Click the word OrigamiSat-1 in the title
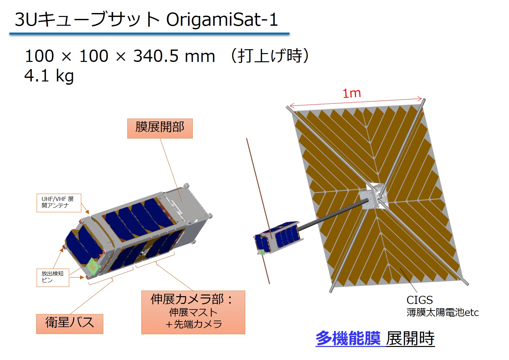click(x=222, y=20)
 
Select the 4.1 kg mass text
click(x=49, y=76)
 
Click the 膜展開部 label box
click(x=160, y=128)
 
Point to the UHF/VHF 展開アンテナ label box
click(x=59, y=203)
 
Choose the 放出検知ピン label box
click(x=53, y=278)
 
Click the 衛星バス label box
click(x=70, y=324)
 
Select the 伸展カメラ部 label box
click(x=193, y=312)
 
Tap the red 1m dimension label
click(x=351, y=94)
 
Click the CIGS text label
click(x=419, y=300)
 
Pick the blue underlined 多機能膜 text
click(x=348, y=338)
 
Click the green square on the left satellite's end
click(x=92, y=266)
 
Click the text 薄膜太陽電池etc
click(x=443, y=312)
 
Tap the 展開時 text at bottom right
click(x=410, y=338)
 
